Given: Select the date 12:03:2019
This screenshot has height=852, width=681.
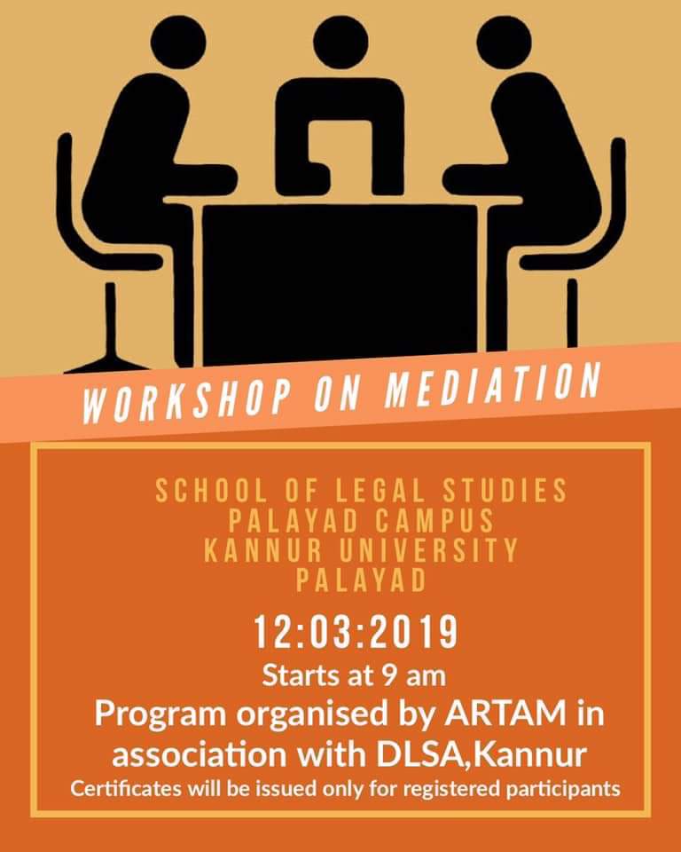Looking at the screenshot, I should coord(356,634).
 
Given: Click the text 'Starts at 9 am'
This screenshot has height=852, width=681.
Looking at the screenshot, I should coord(353,676).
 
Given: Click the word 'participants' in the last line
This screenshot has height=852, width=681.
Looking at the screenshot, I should coord(559,789).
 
